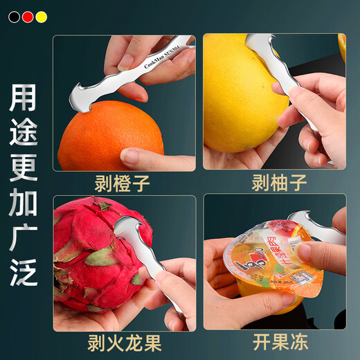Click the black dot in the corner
pos(14,16)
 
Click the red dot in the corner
pos(28,16)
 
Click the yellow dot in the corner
pos(42,16)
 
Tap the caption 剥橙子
pos(123,183)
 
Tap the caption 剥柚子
pos(275,183)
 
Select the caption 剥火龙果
pos(123,343)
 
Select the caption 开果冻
pos(275,343)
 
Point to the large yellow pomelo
pos(242,90)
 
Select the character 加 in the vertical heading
pos(24,201)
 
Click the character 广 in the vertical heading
pos(24,236)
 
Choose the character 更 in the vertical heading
pos(24,168)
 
